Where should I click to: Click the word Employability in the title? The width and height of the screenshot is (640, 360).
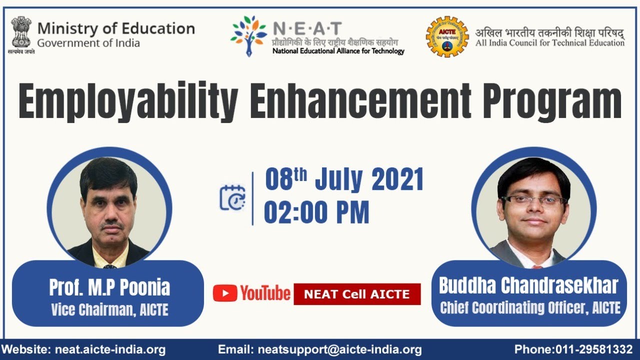pyautogui.click(x=127, y=103)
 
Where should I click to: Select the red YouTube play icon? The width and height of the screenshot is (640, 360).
pyautogui.click(x=224, y=293)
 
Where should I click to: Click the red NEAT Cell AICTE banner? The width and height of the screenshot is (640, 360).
pyautogui.click(x=357, y=294)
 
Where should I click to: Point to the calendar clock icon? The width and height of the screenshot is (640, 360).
pyautogui.click(x=232, y=197)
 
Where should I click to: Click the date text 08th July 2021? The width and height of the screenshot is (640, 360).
pyautogui.click(x=344, y=180)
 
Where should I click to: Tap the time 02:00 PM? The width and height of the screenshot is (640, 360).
pyautogui.click(x=316, y=212)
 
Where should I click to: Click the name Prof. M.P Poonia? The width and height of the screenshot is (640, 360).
pyautogui.click(x=109, y=287)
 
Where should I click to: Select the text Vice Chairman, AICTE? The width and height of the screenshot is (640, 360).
pyautogui.click(x=109, y=310)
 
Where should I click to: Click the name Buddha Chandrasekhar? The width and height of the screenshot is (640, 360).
pyautogui.click(x=528, y=285)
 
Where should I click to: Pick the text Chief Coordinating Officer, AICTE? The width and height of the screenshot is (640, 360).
pyautogui.click(x=529, y=307)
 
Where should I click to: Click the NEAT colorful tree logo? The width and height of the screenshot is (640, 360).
pyautogui.click(x=248, y=34)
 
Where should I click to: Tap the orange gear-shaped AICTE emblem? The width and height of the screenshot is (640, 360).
pyautogui.click(x=446, y=36)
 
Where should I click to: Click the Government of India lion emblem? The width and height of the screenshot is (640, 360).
pyautogui.click(x=21, y=32)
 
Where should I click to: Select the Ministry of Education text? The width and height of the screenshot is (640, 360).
pyautogui.click(x=115, y=28)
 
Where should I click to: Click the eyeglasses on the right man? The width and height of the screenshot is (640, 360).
pyautogui.click(x=534, y=200)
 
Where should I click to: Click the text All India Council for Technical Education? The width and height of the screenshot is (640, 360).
pyautogui.click(x=549, y=43)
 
